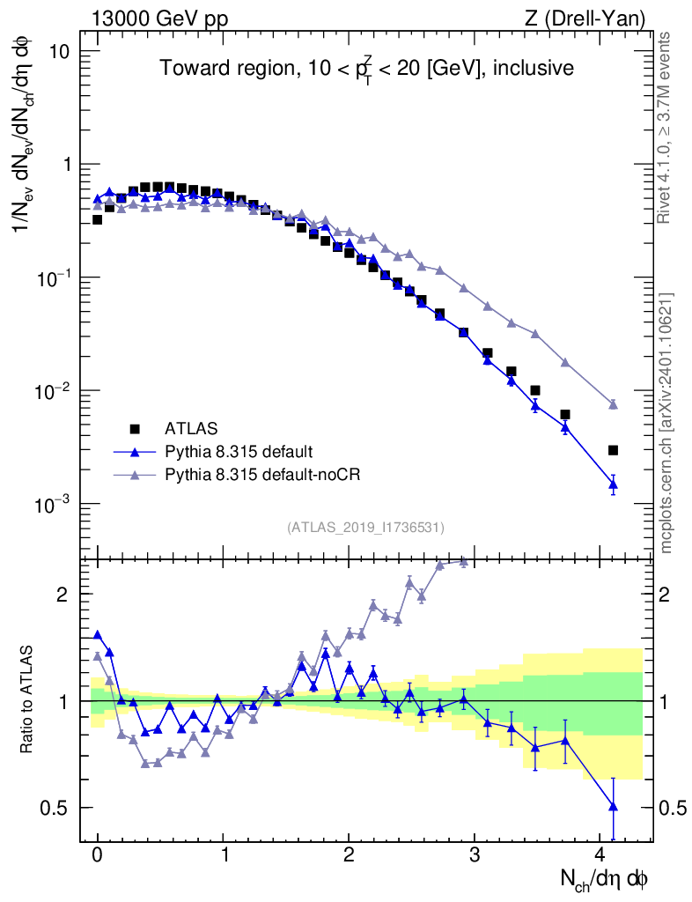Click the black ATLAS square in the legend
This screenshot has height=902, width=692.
pos(135,429)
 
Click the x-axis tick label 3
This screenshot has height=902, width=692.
pos(475,857)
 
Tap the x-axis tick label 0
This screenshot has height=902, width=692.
pos(97,857)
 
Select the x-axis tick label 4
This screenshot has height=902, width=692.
pos(600,857)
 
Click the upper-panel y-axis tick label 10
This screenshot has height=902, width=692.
pos(58,51)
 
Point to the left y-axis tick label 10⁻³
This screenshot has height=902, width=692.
pos(54,504)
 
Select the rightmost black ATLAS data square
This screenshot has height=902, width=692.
pos(613,450)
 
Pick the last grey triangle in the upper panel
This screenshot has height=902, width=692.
pos(613,404)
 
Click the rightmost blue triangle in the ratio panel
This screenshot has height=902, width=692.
pos(613,806)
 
